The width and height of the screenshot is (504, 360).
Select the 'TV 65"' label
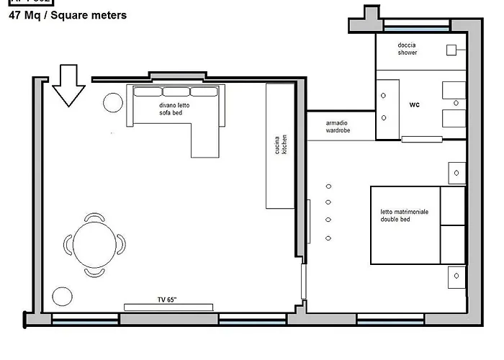point(168,299)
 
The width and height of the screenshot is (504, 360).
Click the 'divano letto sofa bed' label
point(174,109)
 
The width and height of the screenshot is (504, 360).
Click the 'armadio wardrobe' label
point(337,127)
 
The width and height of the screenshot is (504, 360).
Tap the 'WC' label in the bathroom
point(414,105)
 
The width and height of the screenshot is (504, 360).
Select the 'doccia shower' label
point(408,49)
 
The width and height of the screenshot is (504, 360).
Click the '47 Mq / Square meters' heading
point(68,15)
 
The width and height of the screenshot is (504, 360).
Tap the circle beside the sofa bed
point(113,103)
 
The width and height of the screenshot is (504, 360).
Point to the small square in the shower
point(451,50)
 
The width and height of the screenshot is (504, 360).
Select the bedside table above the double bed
point(456,173)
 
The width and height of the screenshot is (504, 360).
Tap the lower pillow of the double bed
point(453,245)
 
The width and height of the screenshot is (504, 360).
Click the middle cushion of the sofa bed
point(176,91)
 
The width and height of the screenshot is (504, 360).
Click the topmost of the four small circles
point(328,185)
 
